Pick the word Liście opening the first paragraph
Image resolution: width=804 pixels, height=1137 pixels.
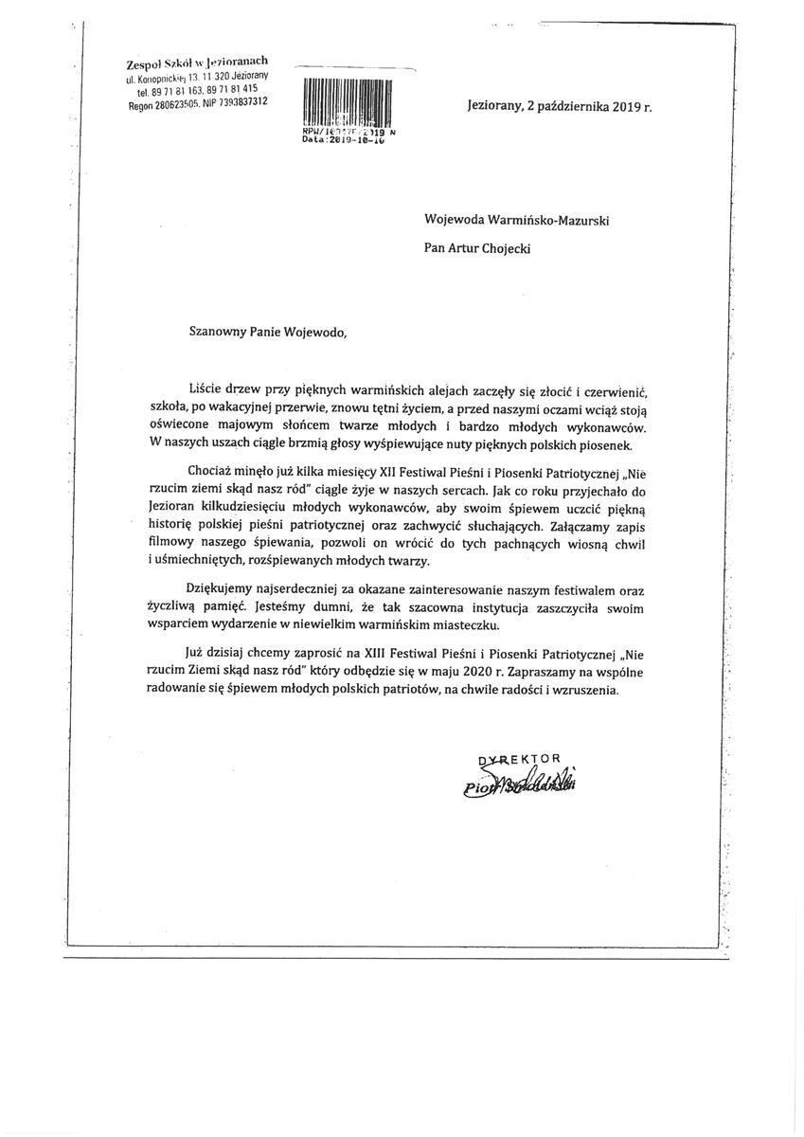[207, 390]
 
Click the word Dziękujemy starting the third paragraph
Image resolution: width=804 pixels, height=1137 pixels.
[225, 588]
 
